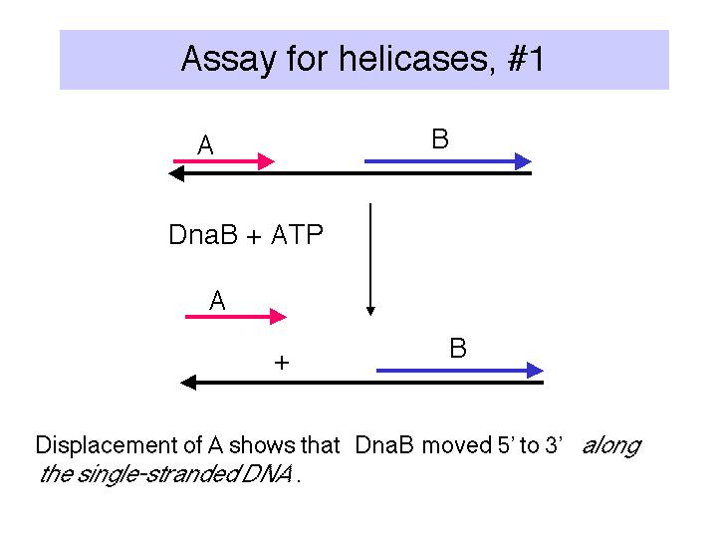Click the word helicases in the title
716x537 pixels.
click(417, 59)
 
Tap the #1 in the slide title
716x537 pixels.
click(526, 59)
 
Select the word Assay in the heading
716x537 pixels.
click(229, 60)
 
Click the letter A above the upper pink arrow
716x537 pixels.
click(205, 145)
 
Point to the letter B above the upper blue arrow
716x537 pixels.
click(440, 138)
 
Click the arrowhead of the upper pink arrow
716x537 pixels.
click(266, 161)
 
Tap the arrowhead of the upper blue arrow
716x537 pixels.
click(523, 161)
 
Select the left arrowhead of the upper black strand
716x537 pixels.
click(176, 173)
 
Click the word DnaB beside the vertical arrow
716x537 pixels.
click(203, 234)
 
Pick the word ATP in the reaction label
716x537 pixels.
click(297, 234)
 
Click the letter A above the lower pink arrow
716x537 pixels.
click(217, 301)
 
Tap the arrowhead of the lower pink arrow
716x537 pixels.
click(278, 316)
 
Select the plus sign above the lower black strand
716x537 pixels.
click(282, 363)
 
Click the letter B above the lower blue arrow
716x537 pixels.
click(458, 348)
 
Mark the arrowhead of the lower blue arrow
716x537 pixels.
click(535, 371)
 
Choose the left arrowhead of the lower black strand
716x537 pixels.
click(188, 383)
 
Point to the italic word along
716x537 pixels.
click(611, 445)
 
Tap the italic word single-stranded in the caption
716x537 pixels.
click(157, 474)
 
